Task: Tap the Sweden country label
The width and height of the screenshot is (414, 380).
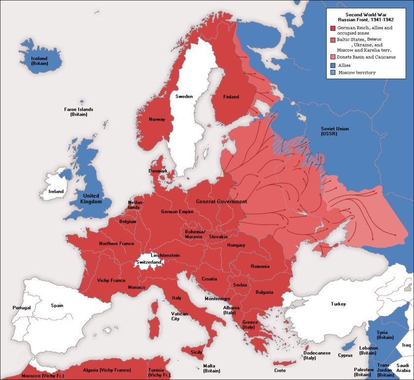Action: point(184,96)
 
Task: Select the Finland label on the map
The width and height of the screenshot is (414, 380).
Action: point(231,97)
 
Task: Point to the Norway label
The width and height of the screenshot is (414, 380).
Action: point(157,119)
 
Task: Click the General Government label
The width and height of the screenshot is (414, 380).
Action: point(221,202)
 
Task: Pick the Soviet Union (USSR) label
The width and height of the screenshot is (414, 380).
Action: point(335,131)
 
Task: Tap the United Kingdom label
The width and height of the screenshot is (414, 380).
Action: point(92,198)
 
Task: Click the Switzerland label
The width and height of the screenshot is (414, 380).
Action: point(149,262)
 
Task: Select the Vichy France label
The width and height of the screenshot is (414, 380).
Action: point(111,281)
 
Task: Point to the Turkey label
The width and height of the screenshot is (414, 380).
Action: point(338,304)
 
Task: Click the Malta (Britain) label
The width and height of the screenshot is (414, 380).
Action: point(211,368)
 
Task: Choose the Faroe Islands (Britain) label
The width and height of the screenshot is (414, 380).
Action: point(79,112)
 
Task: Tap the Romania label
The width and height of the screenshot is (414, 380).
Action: point(260,267)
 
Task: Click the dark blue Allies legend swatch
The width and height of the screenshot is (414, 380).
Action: point(332,65)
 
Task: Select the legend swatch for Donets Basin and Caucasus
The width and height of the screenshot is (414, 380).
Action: point(332,57)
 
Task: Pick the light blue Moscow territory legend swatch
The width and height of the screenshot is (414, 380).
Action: point(332,73)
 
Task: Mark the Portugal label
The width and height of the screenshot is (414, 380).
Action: point(22,308)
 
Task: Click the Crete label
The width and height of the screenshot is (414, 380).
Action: point(279,370)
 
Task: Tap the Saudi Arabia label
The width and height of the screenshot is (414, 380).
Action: point(403,367)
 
